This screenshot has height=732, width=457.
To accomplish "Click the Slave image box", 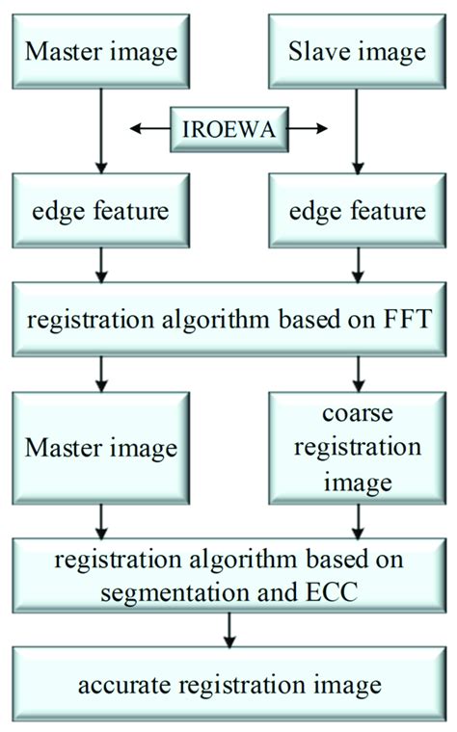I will [357, 50].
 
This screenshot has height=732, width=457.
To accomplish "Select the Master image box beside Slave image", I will [99, 50].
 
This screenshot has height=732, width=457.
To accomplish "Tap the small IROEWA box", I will [228, 128].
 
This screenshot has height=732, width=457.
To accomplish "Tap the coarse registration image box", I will [357, 447].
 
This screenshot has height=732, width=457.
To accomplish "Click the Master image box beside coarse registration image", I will [99, 447].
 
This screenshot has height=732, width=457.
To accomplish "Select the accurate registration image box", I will [228, 686].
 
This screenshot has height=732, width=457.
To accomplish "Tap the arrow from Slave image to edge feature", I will [357, 135].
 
